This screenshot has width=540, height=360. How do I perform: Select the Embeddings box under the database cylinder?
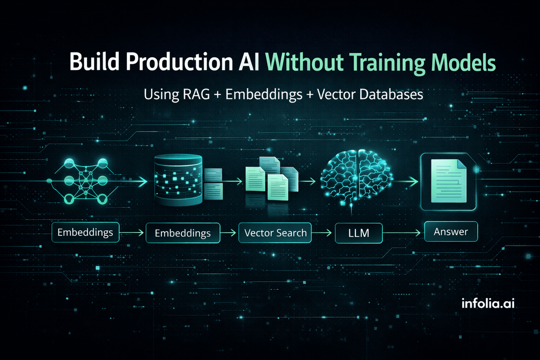(x=183, y=233)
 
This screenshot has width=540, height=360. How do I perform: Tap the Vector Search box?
(x=275, y=233)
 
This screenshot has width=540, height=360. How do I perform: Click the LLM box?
(x=359, y=234)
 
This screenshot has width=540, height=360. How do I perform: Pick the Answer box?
(x=451, y=232)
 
